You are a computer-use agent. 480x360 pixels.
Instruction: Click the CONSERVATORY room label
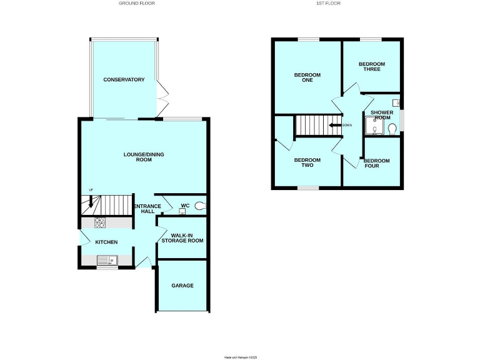pos(124,80)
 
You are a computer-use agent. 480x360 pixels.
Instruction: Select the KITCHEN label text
pos(106,242)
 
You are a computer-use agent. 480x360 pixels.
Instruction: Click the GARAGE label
pos(182,286)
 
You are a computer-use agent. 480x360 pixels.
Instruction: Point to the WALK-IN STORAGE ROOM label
pos(182,237)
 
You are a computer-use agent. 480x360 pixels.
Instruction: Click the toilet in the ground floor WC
pos(199,206)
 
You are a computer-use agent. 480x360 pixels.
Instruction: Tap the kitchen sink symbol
pos(106,260)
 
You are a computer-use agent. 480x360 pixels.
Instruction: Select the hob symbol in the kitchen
pos(101,222)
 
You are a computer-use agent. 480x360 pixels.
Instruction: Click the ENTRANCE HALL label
pos(148,209)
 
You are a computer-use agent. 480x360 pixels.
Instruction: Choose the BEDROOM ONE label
pos(307,78)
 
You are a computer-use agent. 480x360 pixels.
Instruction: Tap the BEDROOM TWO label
pos(307,163)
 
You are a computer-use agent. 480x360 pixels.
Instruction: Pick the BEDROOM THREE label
pos(371,66)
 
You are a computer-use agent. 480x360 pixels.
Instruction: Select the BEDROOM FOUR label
pos(376,164)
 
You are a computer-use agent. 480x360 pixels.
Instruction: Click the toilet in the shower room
pos(392,128)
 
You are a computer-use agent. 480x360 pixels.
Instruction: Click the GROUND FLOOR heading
pos(137,4)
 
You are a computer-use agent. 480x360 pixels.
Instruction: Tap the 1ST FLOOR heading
pos(336,4)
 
